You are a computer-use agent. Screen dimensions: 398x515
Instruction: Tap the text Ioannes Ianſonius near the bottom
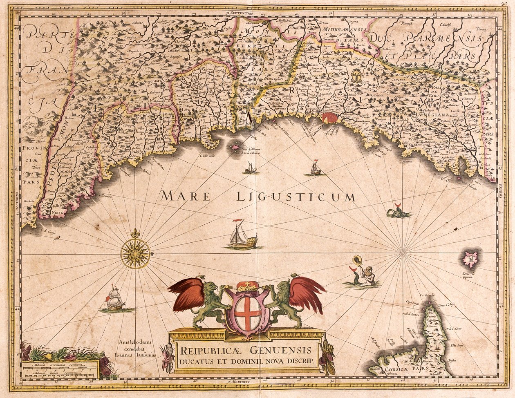tap(137, 355)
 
